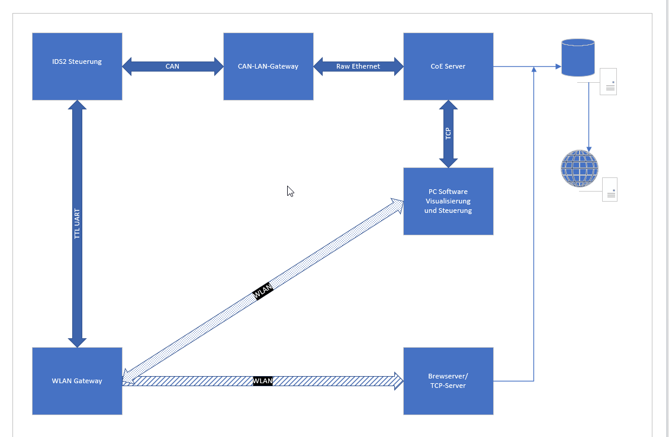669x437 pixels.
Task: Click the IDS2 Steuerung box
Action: [77, 66]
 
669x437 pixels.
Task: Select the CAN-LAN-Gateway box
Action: [268, 66]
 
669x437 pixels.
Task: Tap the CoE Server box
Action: [448, 66]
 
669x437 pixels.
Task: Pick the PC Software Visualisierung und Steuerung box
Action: [448, 201]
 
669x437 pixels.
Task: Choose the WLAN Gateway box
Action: [77, 381]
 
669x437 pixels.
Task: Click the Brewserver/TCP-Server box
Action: [448, 381]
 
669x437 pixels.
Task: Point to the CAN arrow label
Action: [172, 66]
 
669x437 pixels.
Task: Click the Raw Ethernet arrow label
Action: [358, 66]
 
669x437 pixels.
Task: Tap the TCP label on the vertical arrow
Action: [448, 134]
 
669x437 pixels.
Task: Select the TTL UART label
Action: [77, 224]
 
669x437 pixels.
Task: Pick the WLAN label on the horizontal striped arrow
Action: [263, 381]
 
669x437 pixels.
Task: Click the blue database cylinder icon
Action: [578, 57]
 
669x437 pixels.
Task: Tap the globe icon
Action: [580, 169]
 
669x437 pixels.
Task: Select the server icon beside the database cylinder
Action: [608, 82]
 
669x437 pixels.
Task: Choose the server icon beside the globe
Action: [609, 189]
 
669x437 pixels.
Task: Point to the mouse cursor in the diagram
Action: [290, 190]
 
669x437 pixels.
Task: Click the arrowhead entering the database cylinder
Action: [558, 67]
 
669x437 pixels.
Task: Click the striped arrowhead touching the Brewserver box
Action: [399, 381]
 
